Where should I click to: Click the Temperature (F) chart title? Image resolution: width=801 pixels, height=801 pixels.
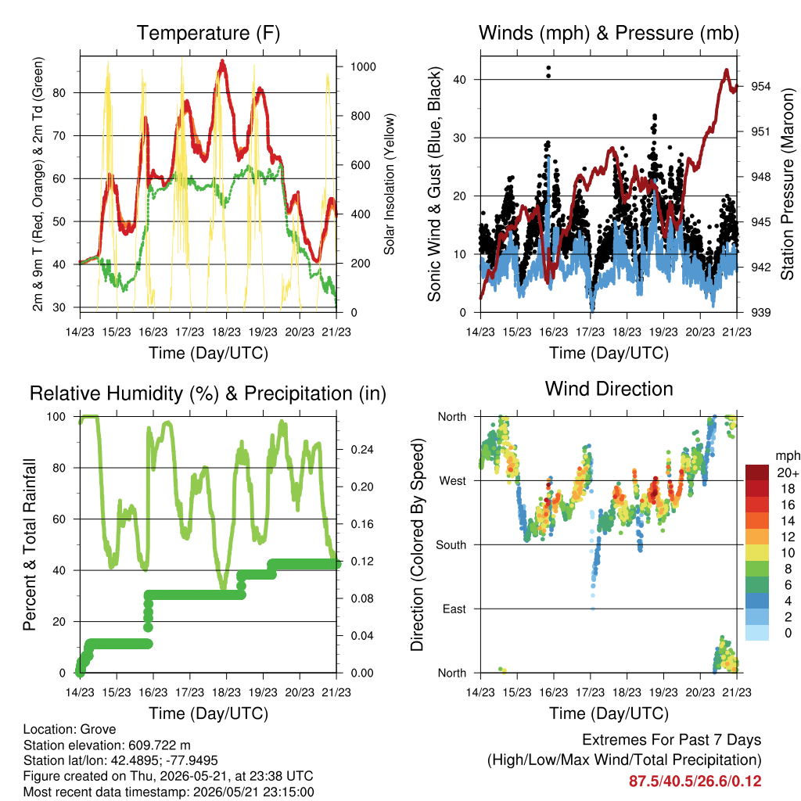point(208,33)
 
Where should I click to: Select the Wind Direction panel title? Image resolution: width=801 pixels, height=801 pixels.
point(609,390)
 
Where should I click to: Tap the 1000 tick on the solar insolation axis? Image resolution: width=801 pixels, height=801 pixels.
point(363,67)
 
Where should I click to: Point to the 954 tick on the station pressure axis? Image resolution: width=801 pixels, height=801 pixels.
point(760,86)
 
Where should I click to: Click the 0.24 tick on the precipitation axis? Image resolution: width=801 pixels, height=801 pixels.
point(362,450)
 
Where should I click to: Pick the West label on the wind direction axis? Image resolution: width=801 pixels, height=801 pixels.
point(453,481)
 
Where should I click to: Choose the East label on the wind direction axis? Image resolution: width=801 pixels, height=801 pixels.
point(454,609)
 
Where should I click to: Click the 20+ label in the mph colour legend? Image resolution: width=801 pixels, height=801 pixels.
point(788,472)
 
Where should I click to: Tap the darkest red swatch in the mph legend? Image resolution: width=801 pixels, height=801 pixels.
point(757,472)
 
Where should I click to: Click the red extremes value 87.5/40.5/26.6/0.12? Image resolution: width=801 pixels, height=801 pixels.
point(695,781)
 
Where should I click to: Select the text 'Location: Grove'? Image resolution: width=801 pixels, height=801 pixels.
point(70,730)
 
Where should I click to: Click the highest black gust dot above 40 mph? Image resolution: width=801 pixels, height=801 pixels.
point(548,68)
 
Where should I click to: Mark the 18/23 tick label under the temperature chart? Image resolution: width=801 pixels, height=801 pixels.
point(226,332)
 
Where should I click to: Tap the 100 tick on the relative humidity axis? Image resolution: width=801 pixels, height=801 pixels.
point(56,417)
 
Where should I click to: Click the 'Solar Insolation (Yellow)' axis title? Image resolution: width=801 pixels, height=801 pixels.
point(390,184)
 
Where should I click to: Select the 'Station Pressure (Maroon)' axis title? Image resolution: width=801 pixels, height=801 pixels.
point(787,184)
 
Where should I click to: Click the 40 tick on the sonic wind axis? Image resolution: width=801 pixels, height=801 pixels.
point(459,80)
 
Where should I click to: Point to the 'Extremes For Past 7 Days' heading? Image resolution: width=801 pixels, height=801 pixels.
point(672,740)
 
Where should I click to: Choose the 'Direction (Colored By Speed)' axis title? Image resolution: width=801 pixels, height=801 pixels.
point(418,544)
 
